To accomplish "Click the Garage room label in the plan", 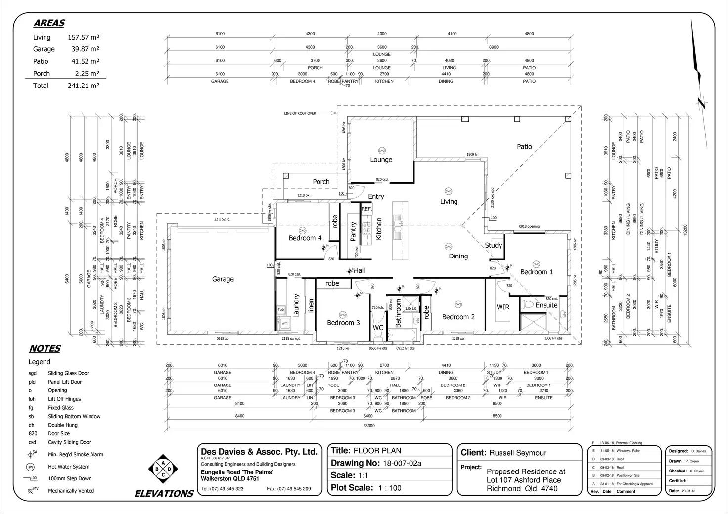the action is pos(223,279).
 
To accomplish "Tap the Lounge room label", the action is pos(381,160).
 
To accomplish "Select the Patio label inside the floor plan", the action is pos(524,147).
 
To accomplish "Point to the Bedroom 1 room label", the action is pos(537,272).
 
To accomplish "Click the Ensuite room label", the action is pos(546,305).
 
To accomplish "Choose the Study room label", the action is pos(493,245).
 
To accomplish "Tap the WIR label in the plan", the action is pos(503,307).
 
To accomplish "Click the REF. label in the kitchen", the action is pos(366,210).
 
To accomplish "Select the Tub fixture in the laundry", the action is pos(281,310).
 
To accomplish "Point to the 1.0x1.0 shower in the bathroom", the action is pos(410,309).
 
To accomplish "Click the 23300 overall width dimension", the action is pos(369,425).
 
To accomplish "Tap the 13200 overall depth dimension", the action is pos(685,230).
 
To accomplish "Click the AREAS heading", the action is pos(49,23).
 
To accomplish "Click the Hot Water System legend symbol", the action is pos(30,467).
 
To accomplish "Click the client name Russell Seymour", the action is pos(517,453).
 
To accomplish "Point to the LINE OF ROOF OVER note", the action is pos(300,114).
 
